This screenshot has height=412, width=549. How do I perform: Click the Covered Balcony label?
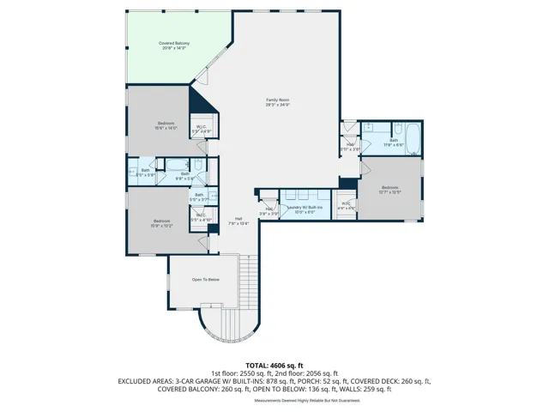pyautogui.click(x=174, y=45)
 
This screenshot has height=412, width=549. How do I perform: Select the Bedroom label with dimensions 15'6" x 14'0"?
pyautogui.click(x=166, y=125)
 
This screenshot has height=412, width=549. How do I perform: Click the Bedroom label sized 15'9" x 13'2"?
pyautogui.click(x=162, y=223)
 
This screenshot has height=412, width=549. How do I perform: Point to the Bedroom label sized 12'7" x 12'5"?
pyautogui.click(x=390, y=190)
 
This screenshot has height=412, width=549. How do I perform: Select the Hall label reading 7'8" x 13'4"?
pyautogui.click(x=238, y=221)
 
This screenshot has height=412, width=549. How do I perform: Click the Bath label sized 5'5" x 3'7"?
pyautogui.click(x=198, y=197)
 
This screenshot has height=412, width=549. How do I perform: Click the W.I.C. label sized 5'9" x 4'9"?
pyautogui.click(x=201, y=129)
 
